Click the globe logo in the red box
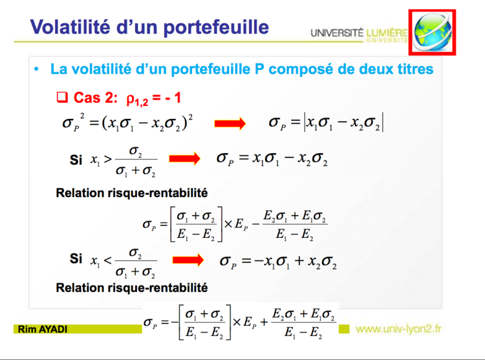(432, 32)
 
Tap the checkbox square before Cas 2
(62, 98)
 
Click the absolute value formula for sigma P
(327, 122)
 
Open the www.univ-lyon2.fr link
(399, 328)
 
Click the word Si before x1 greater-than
(76, 160)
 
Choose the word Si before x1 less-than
(76, 259)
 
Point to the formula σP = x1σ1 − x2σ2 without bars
(272, 158)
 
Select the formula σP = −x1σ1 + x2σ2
(278, 261)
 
